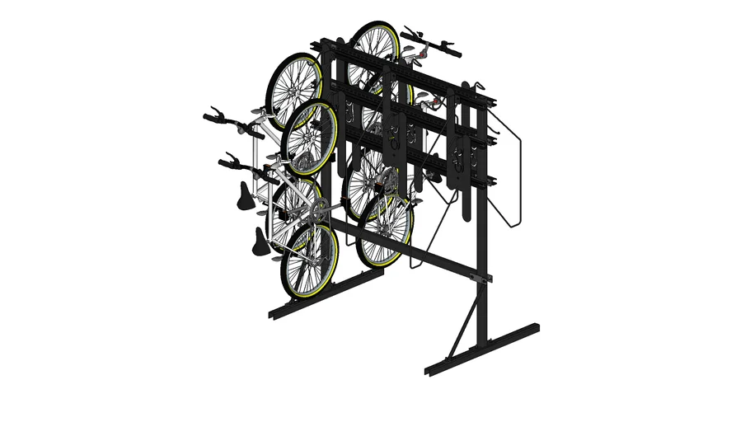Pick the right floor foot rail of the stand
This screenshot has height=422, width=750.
tap(483, 350)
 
